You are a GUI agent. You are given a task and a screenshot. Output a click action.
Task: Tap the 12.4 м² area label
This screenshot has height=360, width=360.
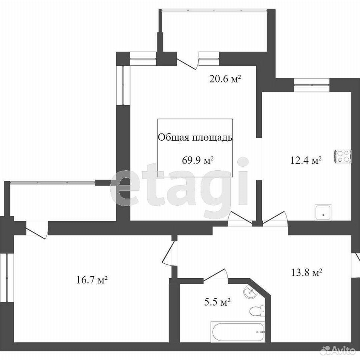pyautogui.click(x=306, y=160)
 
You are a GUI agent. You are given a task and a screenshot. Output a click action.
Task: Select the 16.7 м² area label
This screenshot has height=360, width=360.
pyautogui.click(x=92, y=280)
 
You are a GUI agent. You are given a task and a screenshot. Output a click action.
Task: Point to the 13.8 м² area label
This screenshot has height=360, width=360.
pyautogui.click(x=307, y=273)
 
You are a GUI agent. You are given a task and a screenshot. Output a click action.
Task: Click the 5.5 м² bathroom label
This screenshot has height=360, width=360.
pyautogui.click(x=217, y=302)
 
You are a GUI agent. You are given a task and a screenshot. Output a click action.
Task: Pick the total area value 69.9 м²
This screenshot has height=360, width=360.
pyautogui.click(x=198, y=160)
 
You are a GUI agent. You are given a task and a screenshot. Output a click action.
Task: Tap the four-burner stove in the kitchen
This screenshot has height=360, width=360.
pyautogui.click(x=343, y=157)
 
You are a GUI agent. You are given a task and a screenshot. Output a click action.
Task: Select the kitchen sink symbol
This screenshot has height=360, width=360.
pyautogui.click(x=323, y=212)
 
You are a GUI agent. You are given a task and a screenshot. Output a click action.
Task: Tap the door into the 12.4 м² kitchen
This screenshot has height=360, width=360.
pyautogui.click(x=275, y=218)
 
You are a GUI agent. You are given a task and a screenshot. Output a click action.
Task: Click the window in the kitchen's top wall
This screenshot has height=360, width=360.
pyautogui.click(x=312, y=85)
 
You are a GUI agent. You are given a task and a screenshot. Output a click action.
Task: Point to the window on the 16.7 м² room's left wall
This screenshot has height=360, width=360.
pyautogui.click(x=7, y=278)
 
